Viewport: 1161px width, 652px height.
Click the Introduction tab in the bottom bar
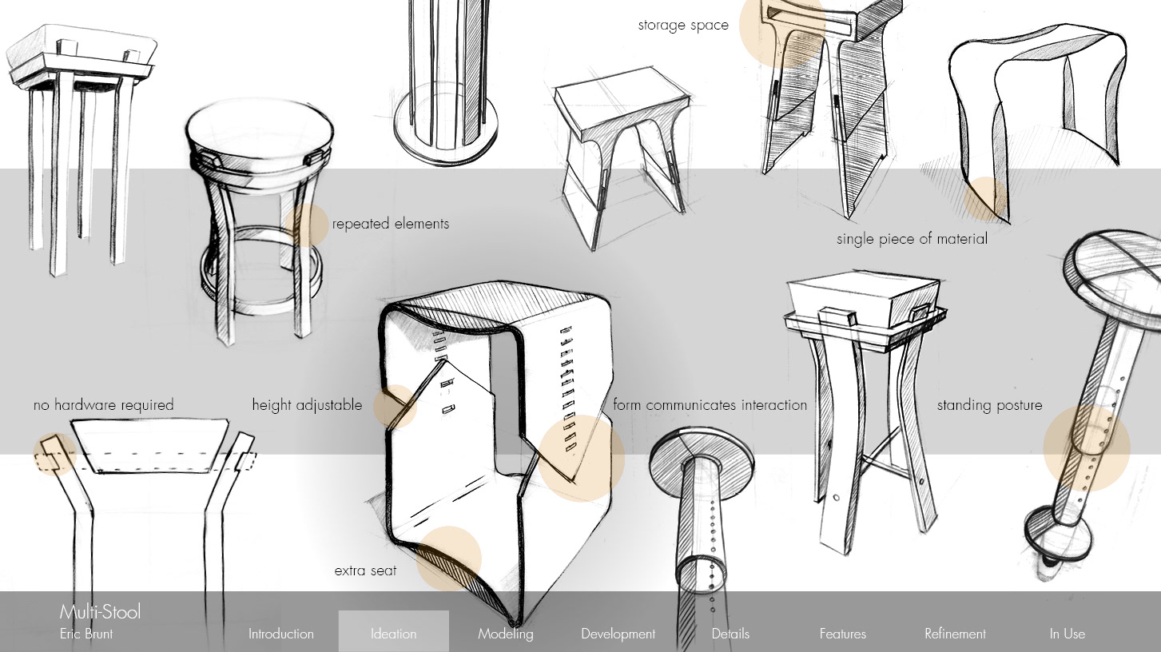(281, 634)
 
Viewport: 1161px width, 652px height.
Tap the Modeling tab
(505, 634)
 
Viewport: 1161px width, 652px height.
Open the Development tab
(618, 634)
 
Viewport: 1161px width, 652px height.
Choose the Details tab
(730, 634)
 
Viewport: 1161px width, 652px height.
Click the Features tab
(843, 634)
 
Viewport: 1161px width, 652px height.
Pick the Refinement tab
(955, 634)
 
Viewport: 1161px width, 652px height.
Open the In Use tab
(1068, 634)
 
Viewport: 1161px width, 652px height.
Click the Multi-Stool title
(100, 612)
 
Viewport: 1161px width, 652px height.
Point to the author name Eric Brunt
(86, 634)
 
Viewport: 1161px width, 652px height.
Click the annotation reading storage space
(683, 26)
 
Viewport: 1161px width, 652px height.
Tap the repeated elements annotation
(390, 224)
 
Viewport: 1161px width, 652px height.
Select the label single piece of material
(912, 239)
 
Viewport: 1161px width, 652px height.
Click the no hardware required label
(104, 405)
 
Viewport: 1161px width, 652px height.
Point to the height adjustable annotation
(307, 405)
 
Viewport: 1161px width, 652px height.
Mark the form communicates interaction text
(710, 405)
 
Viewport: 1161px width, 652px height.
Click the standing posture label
(989, 405)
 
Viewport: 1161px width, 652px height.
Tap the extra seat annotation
(365, 571)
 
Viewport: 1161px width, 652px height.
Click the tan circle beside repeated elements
(307, 225)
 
